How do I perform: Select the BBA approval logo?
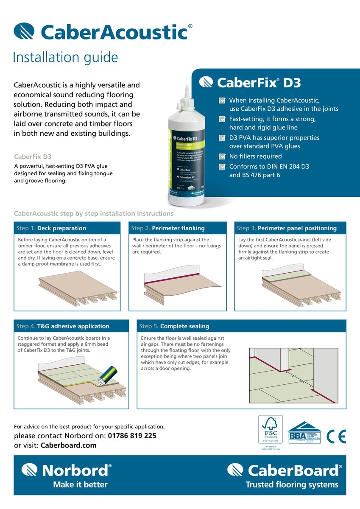pyautogui.click(x=304, y=433)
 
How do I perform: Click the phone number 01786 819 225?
pyautogui.click(x=132, y=436)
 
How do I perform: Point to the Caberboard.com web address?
pyautogui.click(x=68, y=445)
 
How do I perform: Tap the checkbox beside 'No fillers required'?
pyautogui.click(x=222, y=157)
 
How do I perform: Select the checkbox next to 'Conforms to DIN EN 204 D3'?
pyautogui.click(x=222, y=167)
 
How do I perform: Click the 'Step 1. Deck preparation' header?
pyautogui.click(x=67, y=228)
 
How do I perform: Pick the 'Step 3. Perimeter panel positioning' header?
pyautogui.click(x=290, y=228)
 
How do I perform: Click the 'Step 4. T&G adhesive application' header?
pyautogui.click(x=71, y=326)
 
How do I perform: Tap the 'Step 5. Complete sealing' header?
pyautogui.click(x=241, y=326)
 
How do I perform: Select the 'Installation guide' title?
pyautogui.click(x=65, y=57)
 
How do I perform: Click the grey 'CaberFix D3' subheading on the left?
pyautogui.click(x=33, y=157)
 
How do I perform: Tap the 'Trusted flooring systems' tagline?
pyautogui.click(x=292, y=484)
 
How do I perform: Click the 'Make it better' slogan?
pyautogui.click(x=80, y=484)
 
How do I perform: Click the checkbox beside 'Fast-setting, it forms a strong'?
pyautogui.click(x=222, y=119)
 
